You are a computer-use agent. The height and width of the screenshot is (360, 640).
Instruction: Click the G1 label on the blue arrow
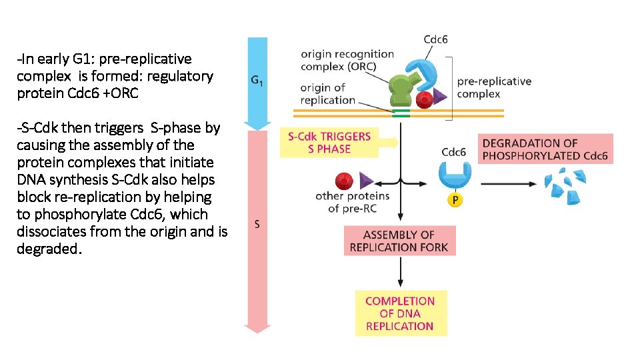[x=256, y=81]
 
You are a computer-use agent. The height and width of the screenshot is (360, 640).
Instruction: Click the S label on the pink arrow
[x=257, y=224]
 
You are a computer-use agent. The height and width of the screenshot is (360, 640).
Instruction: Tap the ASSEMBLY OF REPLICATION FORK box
[x=399, y=241]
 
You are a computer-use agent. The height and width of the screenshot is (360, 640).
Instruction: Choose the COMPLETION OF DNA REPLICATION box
[x=400, y=313]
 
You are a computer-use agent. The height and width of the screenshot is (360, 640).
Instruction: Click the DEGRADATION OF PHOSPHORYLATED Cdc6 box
[x=545, y=149]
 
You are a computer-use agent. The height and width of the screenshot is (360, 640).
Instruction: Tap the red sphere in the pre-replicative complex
[x=423, y=99]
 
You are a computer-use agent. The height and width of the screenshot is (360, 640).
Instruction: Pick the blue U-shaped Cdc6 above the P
[x=454, y=175]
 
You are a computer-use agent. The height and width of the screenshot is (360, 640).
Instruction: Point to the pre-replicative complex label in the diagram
[x=494, y=87]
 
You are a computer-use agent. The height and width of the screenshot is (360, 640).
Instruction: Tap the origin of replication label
[x=327, y=94]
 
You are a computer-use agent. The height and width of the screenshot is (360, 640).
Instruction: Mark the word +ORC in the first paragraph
[x=121, y=93]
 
